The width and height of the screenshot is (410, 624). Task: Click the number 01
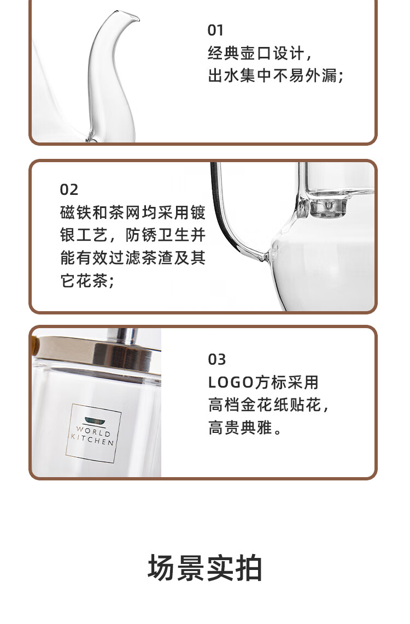215,30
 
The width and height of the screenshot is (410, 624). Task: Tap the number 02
69,190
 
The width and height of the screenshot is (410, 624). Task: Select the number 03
217,360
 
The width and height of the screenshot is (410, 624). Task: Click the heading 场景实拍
205,568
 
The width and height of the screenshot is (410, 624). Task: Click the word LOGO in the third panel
231,383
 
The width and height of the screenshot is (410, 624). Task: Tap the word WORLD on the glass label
93,431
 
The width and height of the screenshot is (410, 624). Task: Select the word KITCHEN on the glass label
92,439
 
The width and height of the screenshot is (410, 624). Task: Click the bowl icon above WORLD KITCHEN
95,419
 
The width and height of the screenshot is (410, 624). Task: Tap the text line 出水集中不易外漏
276,76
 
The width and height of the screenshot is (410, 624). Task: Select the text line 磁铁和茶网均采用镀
133,212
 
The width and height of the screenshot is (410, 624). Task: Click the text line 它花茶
87,281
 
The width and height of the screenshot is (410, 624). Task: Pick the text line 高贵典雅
245,428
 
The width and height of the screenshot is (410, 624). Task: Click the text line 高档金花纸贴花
268,405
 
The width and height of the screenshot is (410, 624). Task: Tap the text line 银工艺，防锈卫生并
133,235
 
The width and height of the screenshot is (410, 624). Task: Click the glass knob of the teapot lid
328,207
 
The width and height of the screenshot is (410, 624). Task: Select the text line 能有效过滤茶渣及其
133,258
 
